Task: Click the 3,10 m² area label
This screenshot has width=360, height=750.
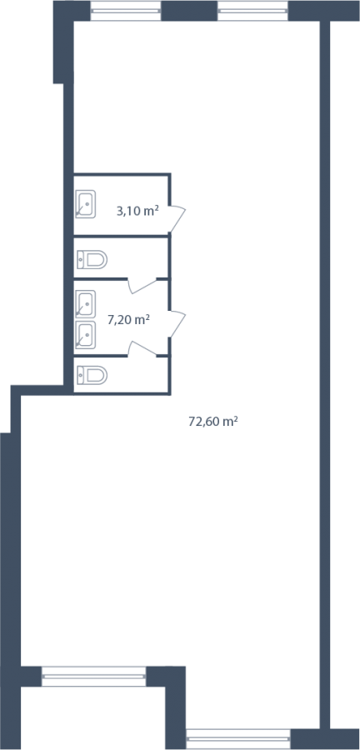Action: point(137,211)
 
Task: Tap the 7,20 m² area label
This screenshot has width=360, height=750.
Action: point(129,319)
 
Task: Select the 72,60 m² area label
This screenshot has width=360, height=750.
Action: point(213,422)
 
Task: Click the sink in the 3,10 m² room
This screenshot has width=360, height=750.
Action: point(86,204)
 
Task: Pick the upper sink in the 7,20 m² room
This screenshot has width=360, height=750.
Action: point(86,304)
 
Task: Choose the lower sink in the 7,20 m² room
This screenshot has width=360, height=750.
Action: point(86,335)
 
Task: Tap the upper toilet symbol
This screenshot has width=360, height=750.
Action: point(92,260)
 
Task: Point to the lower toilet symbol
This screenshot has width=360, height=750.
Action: point(92,376)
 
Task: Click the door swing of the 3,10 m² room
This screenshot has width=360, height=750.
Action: point(177,218)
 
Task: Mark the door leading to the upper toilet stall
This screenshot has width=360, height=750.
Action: point(142,286)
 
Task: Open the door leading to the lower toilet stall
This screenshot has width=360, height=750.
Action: point(142,348)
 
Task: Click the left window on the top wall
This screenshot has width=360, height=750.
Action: point(126,11)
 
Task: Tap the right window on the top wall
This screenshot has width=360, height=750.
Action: point(252,11)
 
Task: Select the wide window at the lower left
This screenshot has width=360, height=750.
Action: point(93,677)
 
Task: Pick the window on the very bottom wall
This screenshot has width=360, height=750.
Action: point(238,739)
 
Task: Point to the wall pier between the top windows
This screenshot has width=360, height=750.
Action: point(189,11)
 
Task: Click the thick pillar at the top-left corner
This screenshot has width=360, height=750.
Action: point(63,42)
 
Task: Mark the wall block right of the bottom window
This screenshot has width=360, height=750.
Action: point(324,739)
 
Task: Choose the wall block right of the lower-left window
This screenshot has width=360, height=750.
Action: point(166,677)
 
